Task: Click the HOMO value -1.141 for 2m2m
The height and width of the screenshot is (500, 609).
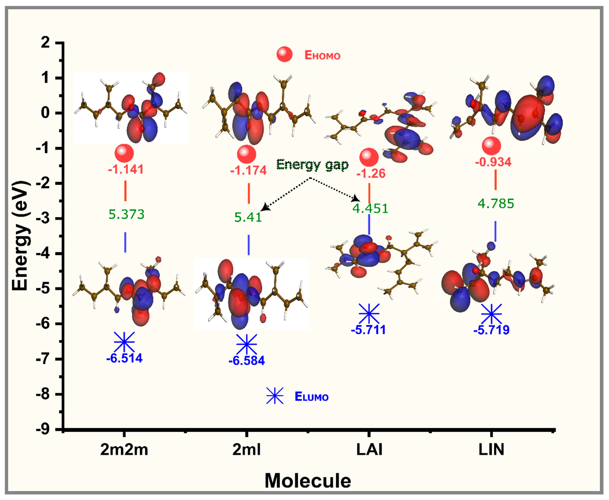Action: coord(126,169)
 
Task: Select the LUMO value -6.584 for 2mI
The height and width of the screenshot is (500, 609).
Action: coord(247,361)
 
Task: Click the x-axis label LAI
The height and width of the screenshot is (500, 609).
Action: coord(369,449)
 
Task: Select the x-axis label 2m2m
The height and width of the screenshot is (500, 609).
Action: coord(124,449)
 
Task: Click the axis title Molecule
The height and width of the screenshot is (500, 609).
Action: coord(308,480)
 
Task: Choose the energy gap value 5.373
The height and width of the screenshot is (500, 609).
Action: coord(127,214)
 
